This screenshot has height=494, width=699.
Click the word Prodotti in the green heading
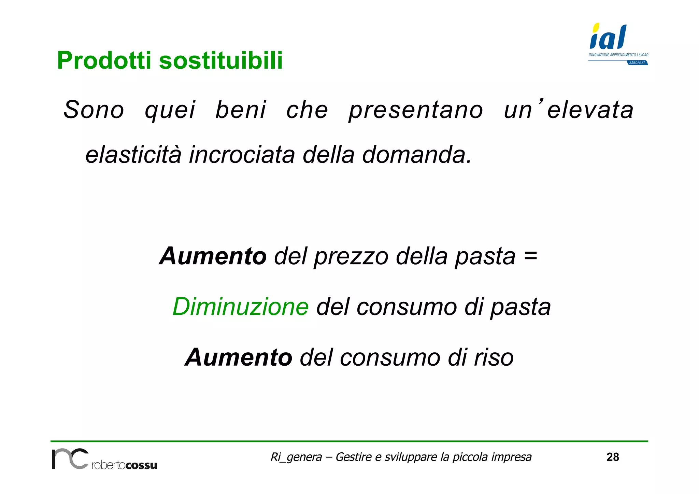click(104, 60)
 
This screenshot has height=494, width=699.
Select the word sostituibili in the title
click(221, 60)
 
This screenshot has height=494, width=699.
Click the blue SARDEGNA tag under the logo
click(638, 63)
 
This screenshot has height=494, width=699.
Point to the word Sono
click(94, 110)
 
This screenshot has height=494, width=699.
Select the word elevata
click(590, 110)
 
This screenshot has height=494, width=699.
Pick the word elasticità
click(133, 154)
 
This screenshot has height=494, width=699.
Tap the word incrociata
click(242, 154)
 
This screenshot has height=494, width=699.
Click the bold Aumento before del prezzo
click(213, 256)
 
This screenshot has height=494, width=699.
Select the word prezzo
click(351, 257)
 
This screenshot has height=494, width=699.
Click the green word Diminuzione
click(241, 307)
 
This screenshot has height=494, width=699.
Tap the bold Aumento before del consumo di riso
click(239, 357)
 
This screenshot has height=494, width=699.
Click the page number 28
click(613, 457)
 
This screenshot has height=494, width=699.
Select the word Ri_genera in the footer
click(296, 457)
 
